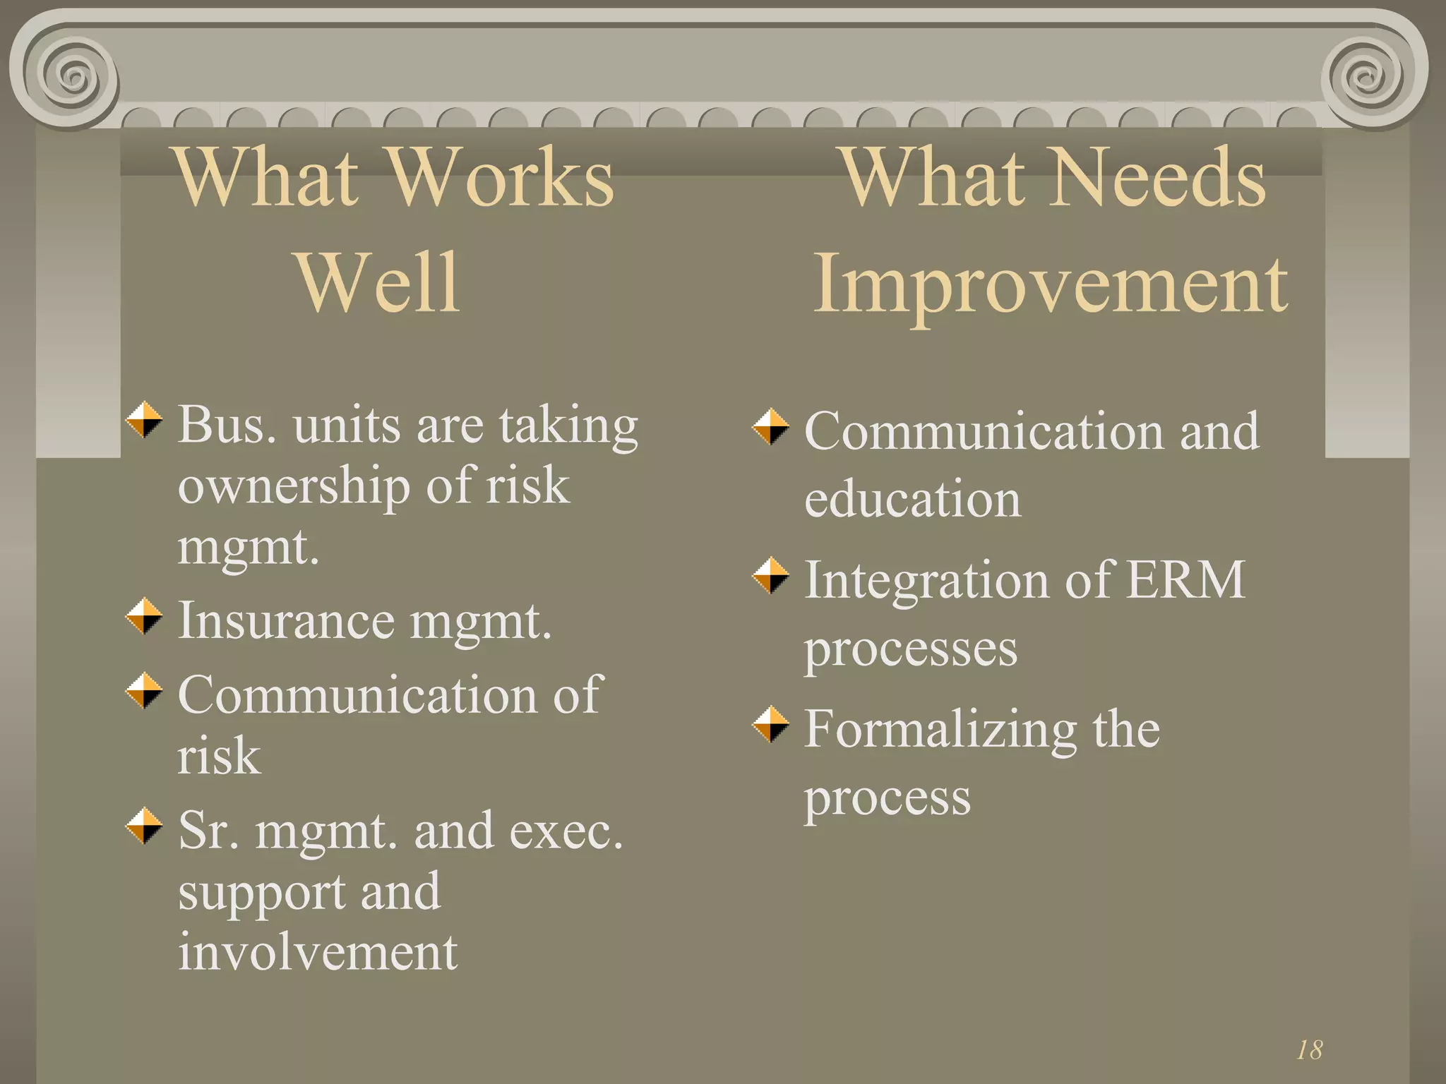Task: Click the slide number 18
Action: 1309,1050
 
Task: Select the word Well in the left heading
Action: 379,282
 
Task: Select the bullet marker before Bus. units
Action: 144,420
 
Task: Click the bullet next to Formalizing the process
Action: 770,724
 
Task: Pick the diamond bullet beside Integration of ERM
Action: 770,575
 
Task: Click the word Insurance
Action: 286,621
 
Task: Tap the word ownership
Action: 294,487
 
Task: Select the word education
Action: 912,499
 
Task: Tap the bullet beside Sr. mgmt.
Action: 144,825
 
